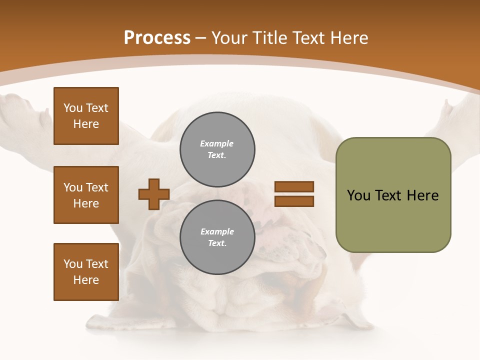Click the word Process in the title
157,38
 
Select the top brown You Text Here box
86,116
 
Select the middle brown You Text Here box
86,195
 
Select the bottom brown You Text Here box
86,272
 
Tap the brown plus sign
154,194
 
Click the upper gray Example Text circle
217,149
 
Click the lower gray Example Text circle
217,237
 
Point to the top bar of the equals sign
294,186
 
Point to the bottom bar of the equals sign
294,201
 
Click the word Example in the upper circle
217,143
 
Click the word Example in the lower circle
217,231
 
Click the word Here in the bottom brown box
86,280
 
